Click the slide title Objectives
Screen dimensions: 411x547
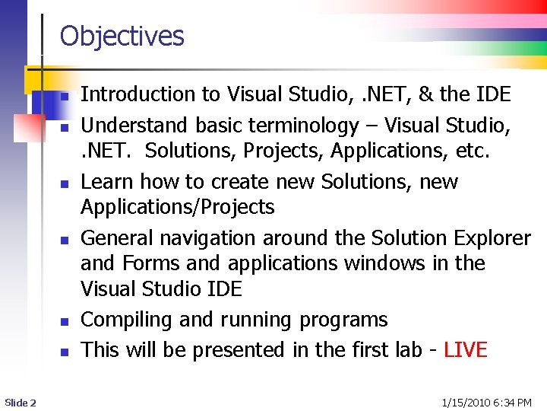tap(122, 36)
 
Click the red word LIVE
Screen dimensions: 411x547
tap(466, 350)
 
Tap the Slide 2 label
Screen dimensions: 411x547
tap(20, 402)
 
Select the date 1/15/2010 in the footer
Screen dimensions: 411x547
tap(467, 402)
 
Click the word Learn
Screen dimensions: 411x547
tap(105, 182)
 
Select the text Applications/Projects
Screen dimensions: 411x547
tap(178, 207)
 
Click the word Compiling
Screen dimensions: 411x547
tap(126, 320)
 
